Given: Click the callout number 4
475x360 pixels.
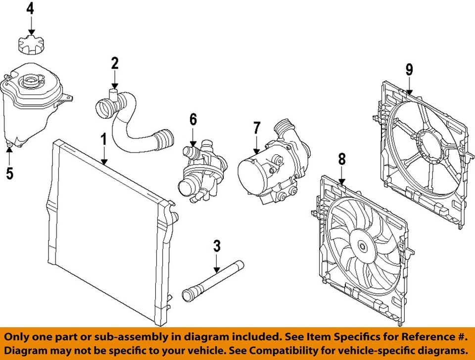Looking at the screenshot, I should [x=31, y=9].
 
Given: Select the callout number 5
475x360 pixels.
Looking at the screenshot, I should [x=9, y=173].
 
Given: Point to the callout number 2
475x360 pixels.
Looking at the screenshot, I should [x=114, y=63].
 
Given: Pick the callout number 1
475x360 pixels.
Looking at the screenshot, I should [x=104, y=140].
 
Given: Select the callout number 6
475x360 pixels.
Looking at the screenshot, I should [x=193, y=119].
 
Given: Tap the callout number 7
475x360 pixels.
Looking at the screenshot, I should [x=256, y=128].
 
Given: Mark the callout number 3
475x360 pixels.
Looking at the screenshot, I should [x=217, y=246].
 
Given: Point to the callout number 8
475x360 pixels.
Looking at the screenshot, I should [x=341, y=159].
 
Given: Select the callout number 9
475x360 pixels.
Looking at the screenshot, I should [x=409, y=70].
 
